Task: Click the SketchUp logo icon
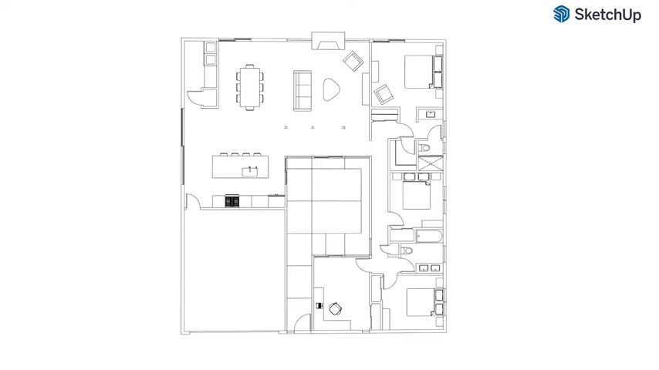coord(562,14)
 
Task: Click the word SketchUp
coord(608,15)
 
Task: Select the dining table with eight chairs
coord(250,87)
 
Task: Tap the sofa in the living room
coord(302,91)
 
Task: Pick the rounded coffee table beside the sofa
coord(331,89)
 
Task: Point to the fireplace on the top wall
coord(328,41)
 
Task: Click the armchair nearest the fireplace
coord(353,62)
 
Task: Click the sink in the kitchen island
coord(250,171)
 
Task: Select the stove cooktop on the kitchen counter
coord(232,201)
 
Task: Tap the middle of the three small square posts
coord(313,127)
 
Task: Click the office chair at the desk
coord(335,308)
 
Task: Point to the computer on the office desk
coord(319,306)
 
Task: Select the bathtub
coord(429,237)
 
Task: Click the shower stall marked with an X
coord(431,163)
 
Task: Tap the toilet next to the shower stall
coord(424,147)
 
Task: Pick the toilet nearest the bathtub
coord(407,251)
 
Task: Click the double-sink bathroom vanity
coord(429,268)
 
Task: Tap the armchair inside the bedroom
coord(384,95)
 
